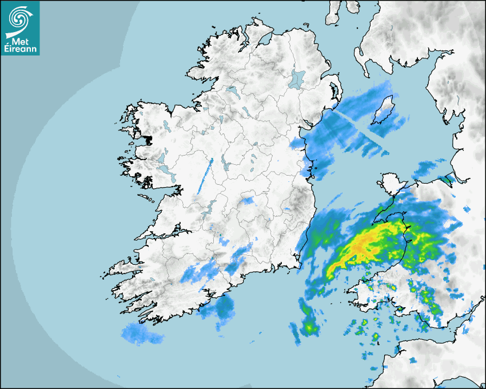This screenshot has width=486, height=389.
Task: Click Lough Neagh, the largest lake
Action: (297, 78)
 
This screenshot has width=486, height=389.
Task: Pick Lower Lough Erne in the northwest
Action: (231, 91)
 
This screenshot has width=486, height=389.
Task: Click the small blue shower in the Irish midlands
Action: (248, 201)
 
